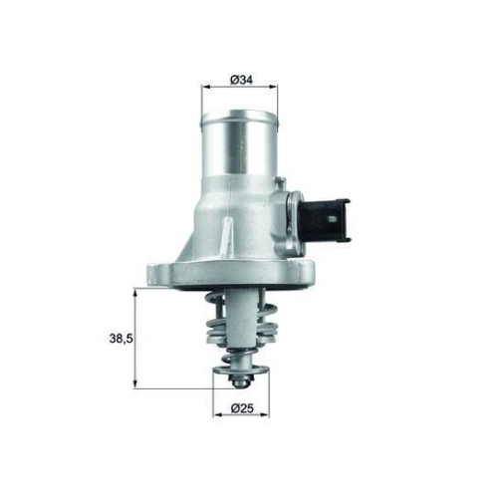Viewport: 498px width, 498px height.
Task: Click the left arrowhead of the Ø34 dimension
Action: pyautogui.click(x=205, y=92)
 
